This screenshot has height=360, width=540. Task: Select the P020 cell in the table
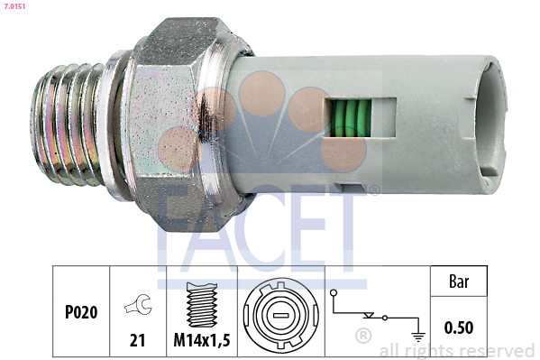click(81, 312)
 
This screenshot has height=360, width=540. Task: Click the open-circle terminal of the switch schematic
click(334, 294)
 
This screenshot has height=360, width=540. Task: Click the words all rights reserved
click(457, 349)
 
